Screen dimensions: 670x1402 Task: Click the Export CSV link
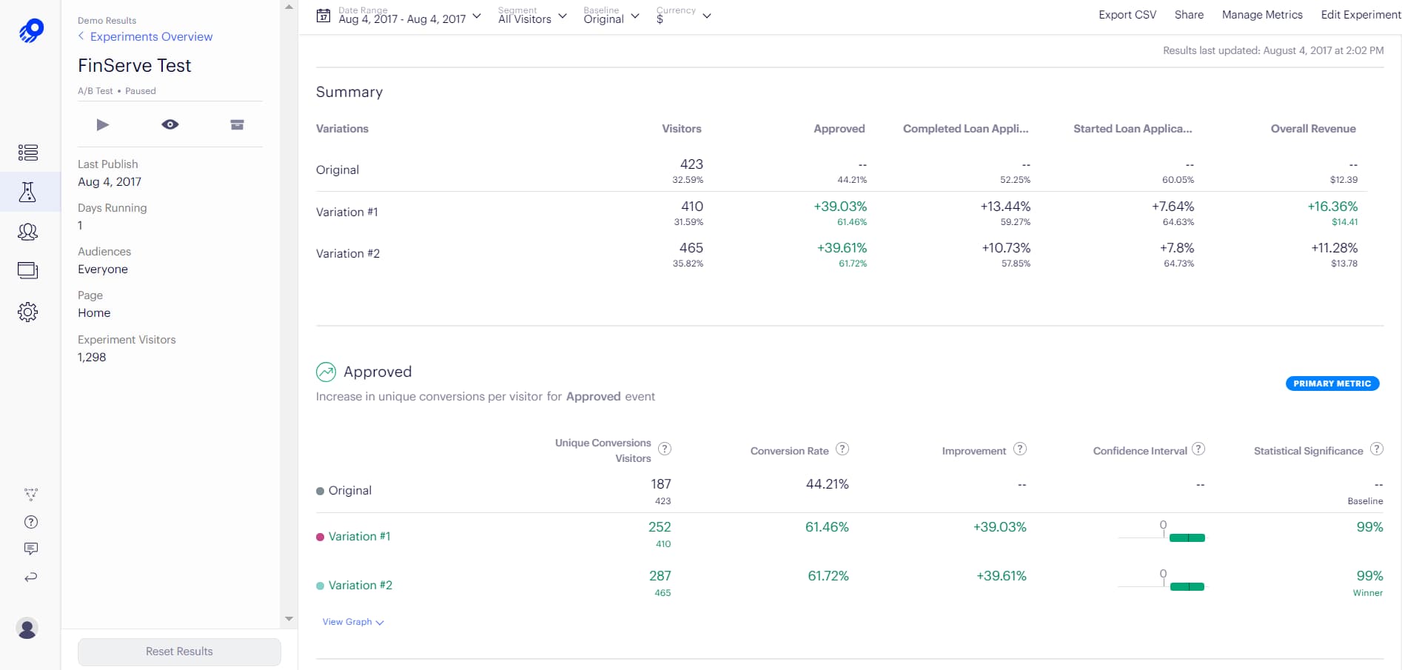(1127, 15)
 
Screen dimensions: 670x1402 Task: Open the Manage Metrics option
(1261, 15)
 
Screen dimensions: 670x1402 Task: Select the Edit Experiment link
(1360, 15)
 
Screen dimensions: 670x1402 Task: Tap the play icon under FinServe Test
(103, 124)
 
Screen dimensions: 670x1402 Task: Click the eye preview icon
(170, 124)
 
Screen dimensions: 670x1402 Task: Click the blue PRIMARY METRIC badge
(1332, 383)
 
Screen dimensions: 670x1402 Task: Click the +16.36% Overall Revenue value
(1332, 207)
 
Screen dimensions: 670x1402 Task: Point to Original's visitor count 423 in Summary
(691, 164)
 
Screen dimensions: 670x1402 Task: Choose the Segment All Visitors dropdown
(531, 16)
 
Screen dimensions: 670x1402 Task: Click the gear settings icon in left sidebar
(28, 312)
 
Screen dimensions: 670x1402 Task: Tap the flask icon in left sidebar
(28, 192)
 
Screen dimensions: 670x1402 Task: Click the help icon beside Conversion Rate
(842, 449)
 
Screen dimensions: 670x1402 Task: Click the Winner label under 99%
(1367, 593)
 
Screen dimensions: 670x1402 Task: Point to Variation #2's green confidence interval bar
(1187, 586)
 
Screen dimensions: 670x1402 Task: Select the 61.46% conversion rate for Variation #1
(827, 527)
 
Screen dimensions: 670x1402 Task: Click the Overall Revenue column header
(1312, 129)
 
